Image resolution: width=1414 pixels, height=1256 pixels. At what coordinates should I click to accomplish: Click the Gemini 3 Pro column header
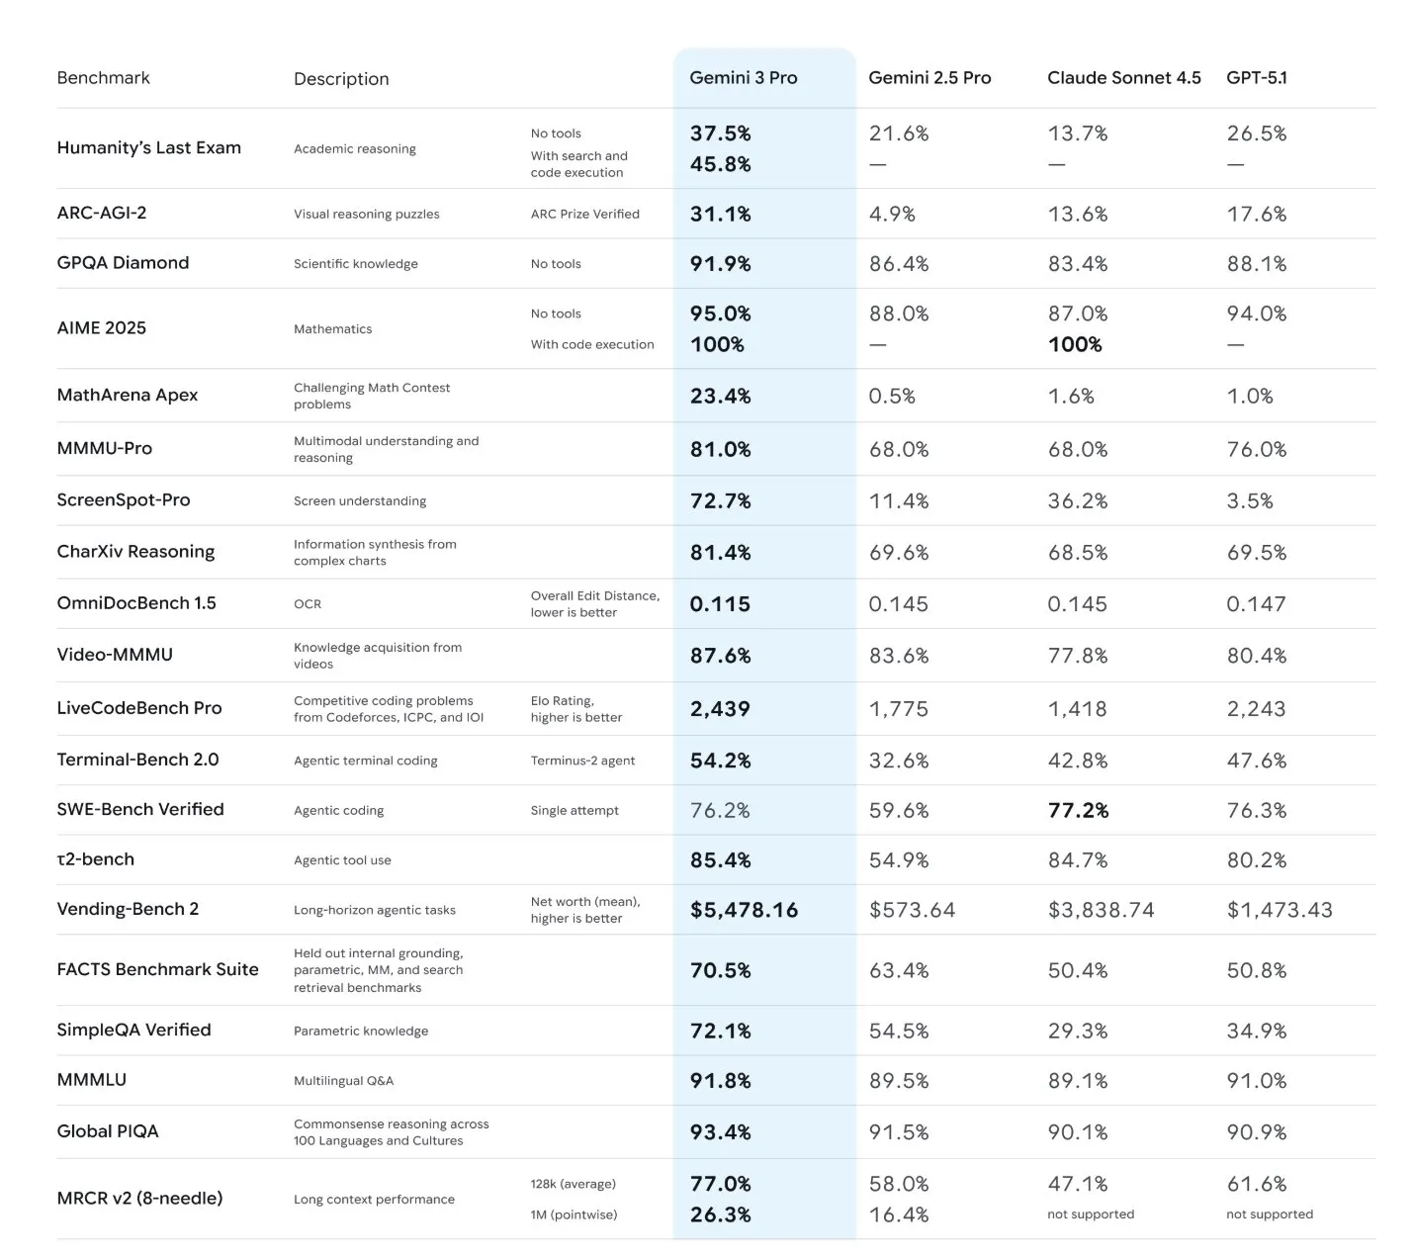tap(743, 78)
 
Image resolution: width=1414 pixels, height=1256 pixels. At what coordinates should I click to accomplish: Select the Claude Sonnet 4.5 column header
tap(1123, 78)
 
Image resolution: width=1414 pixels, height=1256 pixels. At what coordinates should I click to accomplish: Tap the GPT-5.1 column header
tap(1256, 78)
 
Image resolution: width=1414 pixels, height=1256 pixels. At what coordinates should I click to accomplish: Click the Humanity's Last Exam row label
tap(148, 148)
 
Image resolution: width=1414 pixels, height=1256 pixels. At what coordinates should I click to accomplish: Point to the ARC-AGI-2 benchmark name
tap(101, 214)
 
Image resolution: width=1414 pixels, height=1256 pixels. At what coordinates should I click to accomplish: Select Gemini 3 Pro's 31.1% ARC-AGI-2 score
tap(720, 215)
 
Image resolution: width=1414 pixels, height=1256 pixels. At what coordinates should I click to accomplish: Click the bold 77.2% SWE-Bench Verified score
tap(1078, 811)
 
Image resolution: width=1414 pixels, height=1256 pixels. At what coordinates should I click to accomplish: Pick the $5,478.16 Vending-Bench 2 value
tap(744, 911)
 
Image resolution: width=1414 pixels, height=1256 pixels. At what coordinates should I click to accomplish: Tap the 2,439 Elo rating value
tap(719, 709)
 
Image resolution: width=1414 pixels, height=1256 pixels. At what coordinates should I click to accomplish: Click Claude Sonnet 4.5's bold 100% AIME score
tap(1074, 345)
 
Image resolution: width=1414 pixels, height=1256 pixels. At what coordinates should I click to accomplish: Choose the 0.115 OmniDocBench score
tap(719, 604)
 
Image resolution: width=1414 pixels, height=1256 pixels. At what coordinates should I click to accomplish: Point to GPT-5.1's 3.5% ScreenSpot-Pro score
tap(1249, 501)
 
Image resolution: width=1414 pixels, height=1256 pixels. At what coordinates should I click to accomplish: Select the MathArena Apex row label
tap(127, 396)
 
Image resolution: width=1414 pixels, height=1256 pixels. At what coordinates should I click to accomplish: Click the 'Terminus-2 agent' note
tap(582, 761)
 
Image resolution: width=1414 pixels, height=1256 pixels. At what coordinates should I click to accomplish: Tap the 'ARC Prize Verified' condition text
tap(584, 215)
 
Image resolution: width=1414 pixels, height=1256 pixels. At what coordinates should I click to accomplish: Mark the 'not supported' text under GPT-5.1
tap(1269, 1214)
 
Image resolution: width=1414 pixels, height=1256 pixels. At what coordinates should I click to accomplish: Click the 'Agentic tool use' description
tap(342, 860)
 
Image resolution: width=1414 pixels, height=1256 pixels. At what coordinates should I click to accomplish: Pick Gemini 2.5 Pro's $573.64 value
tap(912, 911)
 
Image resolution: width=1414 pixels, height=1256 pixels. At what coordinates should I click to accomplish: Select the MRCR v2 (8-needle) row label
tap(139, 1199)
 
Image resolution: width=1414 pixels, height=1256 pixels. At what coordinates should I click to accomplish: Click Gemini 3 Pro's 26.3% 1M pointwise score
tap(720, 1215)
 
